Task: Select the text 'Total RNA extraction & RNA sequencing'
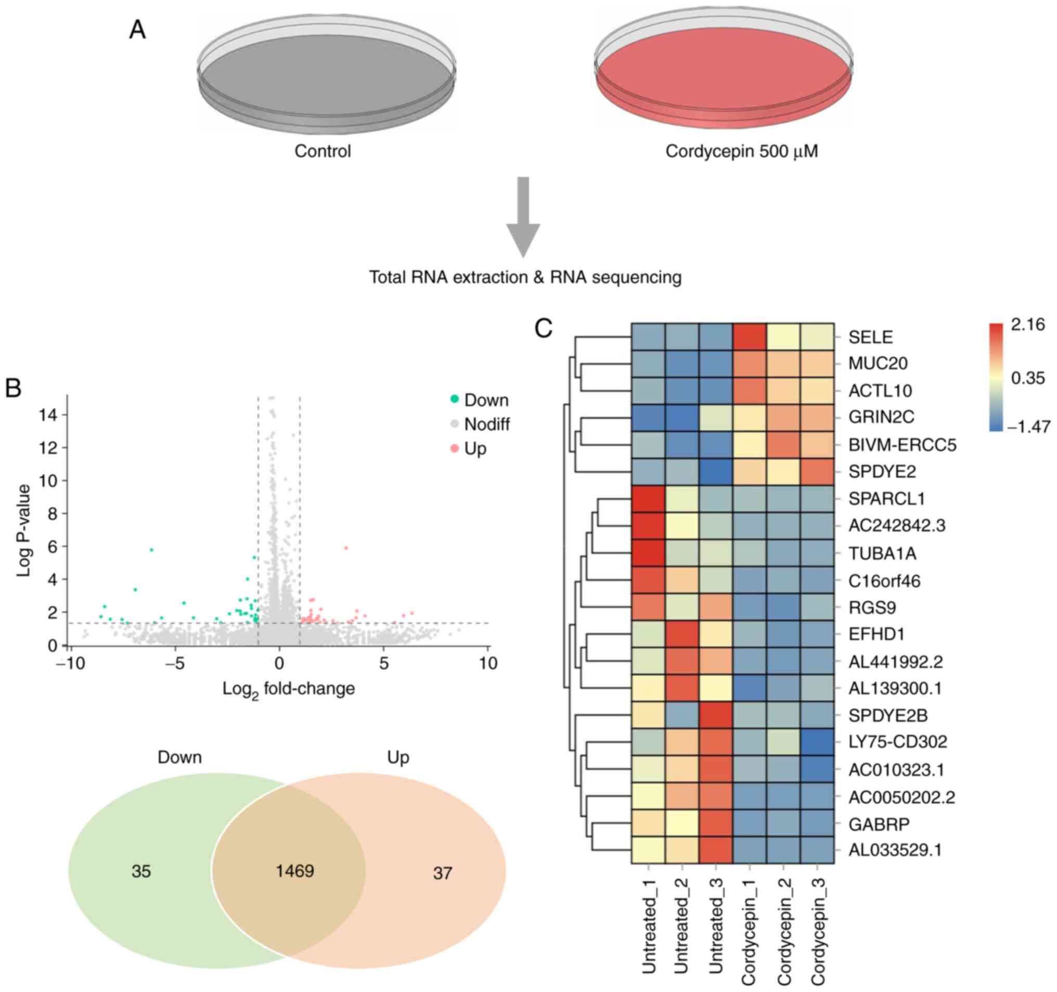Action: coord(525,277)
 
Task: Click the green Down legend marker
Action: coord(455,400)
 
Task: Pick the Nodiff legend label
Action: coord(486,424)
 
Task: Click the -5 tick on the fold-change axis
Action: coord(175,663)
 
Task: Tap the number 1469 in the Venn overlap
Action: coord(294,871)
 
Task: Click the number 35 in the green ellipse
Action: coord(141,872)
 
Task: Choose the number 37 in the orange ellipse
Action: coord(442,873)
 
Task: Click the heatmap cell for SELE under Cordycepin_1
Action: coord(749,337)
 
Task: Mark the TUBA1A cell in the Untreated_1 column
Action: coord(648,553)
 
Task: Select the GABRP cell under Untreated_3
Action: coord(716,824)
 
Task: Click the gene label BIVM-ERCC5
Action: coord(902,444)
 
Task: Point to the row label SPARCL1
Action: coord(886,499)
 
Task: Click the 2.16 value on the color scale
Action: coord(1028,324)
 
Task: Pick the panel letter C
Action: coord(544,329)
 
